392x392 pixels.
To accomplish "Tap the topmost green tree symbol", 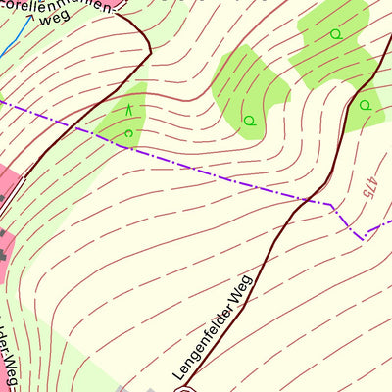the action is point(335,34).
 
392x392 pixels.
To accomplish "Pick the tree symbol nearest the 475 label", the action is point(364,105).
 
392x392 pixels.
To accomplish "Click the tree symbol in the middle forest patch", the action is point(249,121).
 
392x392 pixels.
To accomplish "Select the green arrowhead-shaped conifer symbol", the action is point(128,110).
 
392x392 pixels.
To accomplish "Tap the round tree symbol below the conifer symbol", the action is point(128,133).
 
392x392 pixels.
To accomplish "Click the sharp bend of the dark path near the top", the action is point(149,49).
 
